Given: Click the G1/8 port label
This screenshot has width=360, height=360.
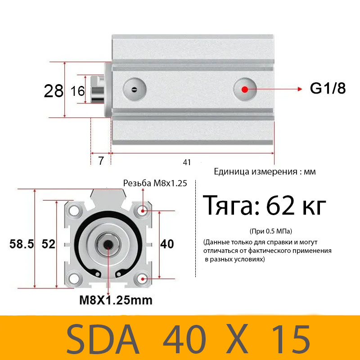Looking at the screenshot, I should tap(328, 89).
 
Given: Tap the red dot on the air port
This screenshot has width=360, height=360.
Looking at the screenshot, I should tap(244, 89).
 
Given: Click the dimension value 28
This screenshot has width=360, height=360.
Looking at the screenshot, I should tap(54, 91).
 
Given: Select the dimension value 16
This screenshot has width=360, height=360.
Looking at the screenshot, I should tap(78, 91).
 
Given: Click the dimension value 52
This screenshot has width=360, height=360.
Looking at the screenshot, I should tap(48, 244).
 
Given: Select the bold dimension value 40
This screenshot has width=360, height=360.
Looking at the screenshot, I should tap(167, 244).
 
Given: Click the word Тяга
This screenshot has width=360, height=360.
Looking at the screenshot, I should tap(230, 206).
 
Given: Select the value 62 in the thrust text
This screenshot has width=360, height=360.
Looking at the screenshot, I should tap(281, 206).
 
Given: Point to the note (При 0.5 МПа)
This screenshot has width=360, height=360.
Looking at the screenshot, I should tap(270, 231).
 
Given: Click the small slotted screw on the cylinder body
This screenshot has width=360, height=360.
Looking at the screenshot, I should tap(134, 89).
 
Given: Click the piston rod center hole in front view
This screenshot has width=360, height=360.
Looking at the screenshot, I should tap(108, 244).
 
